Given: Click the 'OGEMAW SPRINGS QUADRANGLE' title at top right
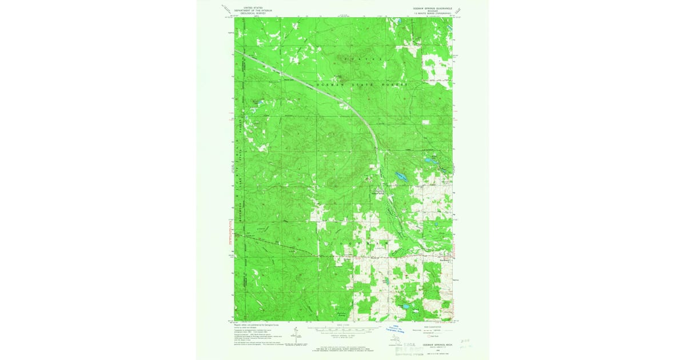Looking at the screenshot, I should click(429, 8).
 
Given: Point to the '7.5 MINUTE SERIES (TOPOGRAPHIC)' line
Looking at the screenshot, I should click(429, 13).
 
